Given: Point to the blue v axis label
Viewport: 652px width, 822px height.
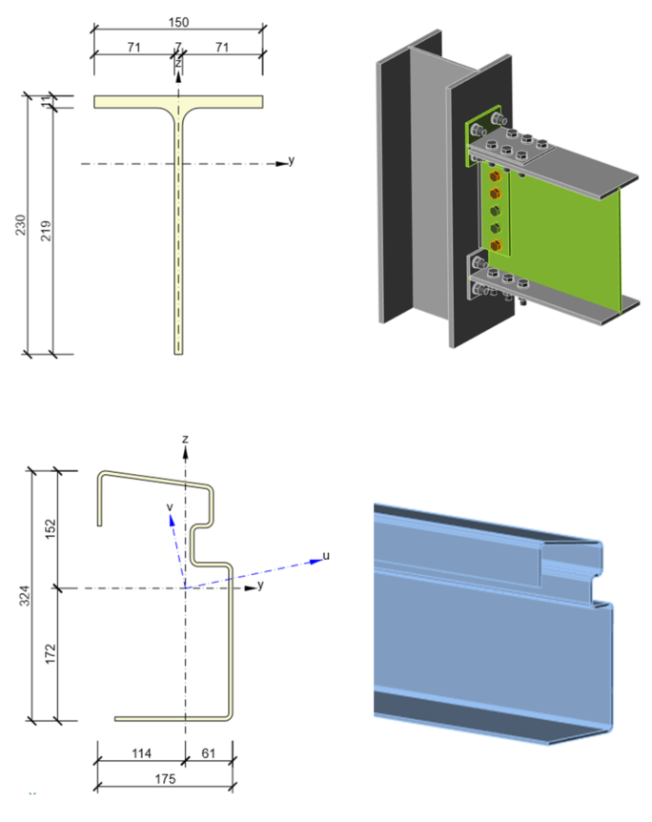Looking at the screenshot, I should pyautogui.click(x=169, y=506).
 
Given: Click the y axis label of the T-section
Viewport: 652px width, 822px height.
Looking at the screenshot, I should pyautogui.click(x=291, y=160).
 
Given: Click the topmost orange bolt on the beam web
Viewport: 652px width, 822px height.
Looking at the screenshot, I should pyautogui.click(x=494, y=176).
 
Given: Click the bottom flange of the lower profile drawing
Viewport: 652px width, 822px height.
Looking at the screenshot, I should pyautogui.click(x=172, y=718).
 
